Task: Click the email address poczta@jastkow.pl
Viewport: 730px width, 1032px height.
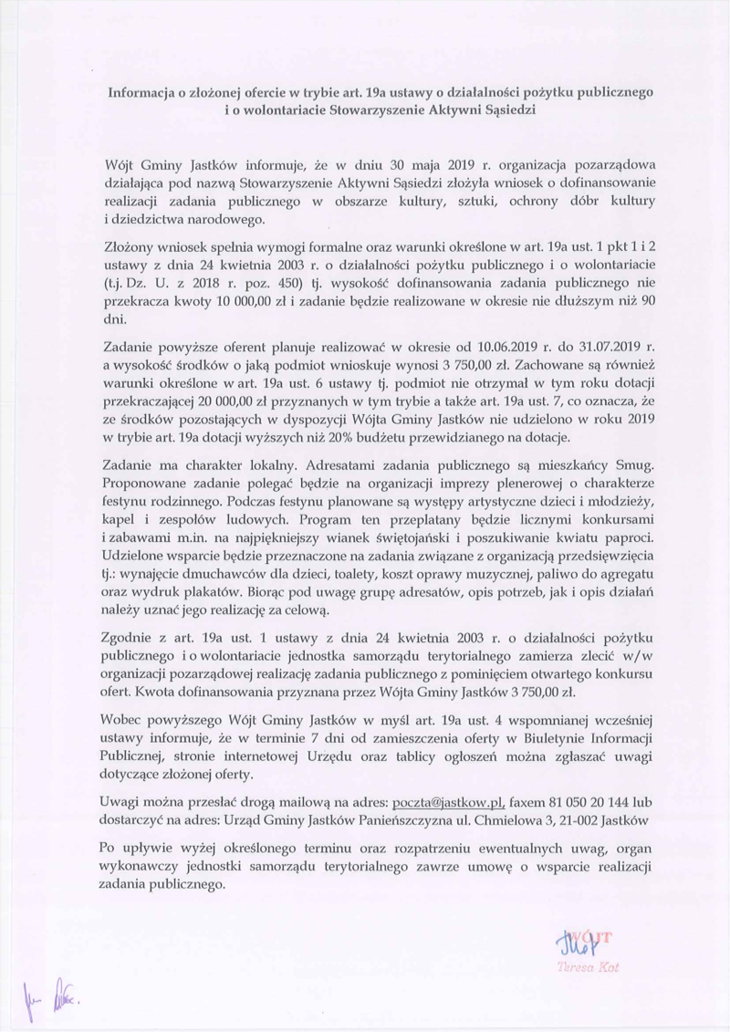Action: [x=448, y=803]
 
